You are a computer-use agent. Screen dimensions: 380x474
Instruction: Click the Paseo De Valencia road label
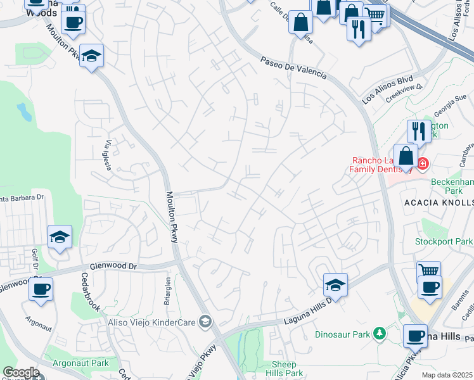click(x=293, y=67)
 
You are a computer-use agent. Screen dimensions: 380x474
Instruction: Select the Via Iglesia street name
click(x=104, y=155)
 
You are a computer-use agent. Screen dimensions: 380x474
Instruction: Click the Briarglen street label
click(x=168, y=291)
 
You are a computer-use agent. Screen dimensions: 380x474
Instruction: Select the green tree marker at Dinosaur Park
click(x=379, y=332)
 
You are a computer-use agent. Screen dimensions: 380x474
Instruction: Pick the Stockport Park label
click(x=444, y=241)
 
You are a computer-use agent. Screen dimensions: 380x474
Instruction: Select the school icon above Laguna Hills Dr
click(x=336, y=284)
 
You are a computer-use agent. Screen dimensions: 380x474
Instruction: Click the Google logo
click(x=21, y=372)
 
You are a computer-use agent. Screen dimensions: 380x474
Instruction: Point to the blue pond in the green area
click(x=24, y=113)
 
